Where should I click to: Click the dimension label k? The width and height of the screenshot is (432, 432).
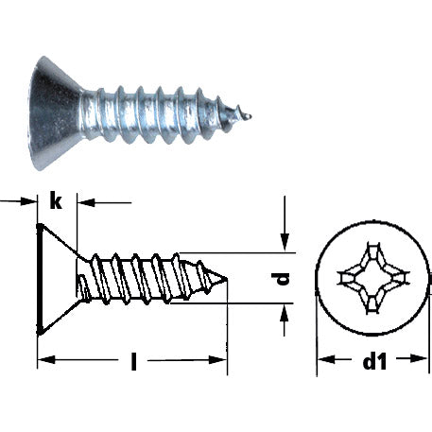point(58,200)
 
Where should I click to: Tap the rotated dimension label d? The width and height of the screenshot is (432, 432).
point(282,279)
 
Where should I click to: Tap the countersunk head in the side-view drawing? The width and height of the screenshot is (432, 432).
point(57,280)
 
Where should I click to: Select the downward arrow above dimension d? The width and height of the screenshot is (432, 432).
point(285,244)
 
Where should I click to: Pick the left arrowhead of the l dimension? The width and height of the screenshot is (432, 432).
point(44,361)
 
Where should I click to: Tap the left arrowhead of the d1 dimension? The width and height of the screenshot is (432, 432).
point(321,360)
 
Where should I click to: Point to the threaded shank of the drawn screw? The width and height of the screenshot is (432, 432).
point(142,278)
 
